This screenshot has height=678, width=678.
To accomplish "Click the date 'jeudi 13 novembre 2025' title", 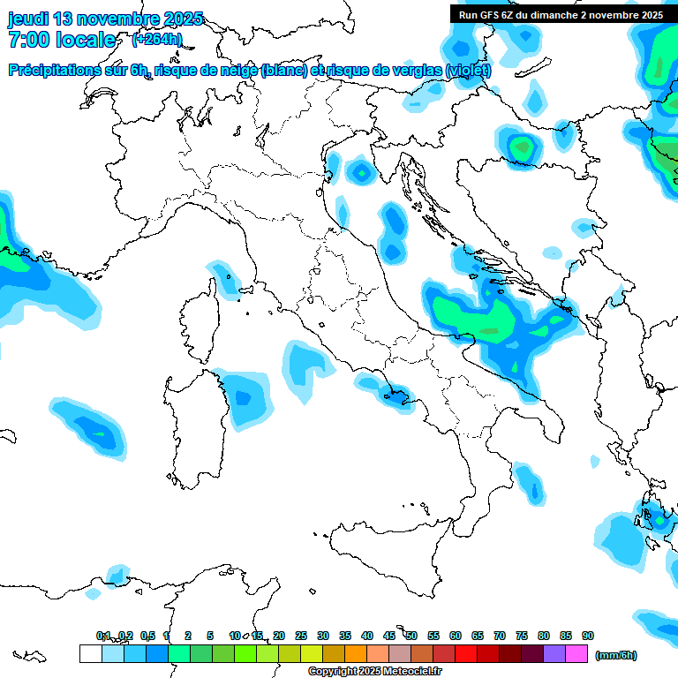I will point(105,19).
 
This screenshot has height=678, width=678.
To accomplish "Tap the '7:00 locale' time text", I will point(62,40).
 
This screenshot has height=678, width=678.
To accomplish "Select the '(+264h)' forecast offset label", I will point(157,39).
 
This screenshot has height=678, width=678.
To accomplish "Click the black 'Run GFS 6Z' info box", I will point(561,14).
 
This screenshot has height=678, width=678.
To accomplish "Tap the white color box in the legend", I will point(90,654).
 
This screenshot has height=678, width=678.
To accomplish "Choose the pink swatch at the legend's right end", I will point(576,654).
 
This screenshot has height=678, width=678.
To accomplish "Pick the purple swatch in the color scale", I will point(554,654).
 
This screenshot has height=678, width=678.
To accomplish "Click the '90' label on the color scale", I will point(588,636).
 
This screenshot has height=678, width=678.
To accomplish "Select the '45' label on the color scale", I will point(389,636).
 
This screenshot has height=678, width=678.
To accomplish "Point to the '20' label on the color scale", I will point(279,636).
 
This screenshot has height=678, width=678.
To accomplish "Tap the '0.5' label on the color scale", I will point(147,636).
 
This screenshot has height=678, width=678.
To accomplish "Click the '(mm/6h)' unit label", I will point(616,655).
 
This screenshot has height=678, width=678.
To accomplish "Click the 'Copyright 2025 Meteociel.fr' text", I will point(375,672).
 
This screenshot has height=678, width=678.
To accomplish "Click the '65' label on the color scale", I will point(478,636).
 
